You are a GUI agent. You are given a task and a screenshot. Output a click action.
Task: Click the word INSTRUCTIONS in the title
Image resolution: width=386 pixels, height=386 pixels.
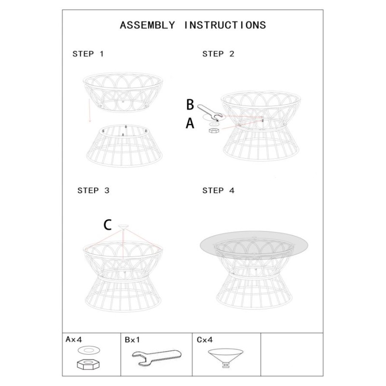click(x=225, y=25)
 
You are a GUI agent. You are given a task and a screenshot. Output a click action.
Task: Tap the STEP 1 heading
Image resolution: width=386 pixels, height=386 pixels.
click(x=88, y=54)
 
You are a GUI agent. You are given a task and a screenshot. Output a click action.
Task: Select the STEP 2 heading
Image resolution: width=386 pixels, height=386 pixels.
click(x=218, y=54)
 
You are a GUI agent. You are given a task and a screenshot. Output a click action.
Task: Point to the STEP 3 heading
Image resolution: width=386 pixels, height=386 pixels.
click(x=94, y=191)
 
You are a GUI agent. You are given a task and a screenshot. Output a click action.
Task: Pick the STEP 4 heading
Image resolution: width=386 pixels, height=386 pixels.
click(x=218, y=191)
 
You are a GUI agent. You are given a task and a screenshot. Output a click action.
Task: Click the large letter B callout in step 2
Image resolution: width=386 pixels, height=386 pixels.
click(x=190, y=104)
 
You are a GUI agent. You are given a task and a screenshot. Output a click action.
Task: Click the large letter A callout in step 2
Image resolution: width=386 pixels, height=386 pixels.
click(x=190, y=124)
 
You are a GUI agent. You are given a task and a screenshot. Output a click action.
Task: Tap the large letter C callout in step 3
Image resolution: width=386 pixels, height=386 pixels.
click(x=107, y=224)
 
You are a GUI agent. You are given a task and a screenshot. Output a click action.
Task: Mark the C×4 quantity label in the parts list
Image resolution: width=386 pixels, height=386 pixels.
click(x=204, y=340)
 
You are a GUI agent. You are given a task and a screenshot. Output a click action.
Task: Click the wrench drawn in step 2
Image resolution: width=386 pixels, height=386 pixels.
click(x=209, y=112)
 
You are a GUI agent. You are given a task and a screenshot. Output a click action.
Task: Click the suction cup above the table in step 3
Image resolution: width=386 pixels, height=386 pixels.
click(x=124, y=226)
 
